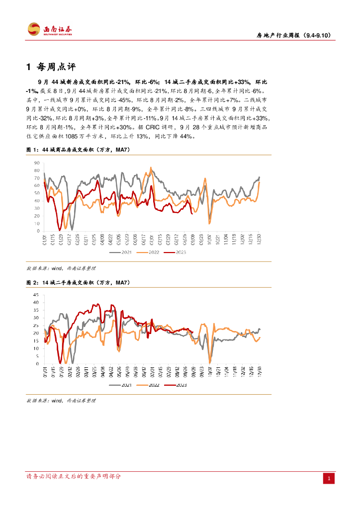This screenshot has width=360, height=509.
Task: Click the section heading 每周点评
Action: (x=55, y=67)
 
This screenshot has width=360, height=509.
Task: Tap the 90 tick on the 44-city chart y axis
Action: (x=36, y=163)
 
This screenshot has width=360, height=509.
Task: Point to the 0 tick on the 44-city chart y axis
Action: (x=38, y=231)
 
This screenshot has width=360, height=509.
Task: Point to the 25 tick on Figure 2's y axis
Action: (x=36, y=326)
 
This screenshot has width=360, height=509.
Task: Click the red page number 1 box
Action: (x=329, y=478)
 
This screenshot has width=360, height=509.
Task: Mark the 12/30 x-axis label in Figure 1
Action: (x=259, y=240)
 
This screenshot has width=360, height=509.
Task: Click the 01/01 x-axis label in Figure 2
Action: (x=45, y=372)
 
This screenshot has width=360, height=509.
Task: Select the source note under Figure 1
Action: (x=60, y=268)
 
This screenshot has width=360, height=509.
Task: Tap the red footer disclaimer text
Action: (x=73, y=476)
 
